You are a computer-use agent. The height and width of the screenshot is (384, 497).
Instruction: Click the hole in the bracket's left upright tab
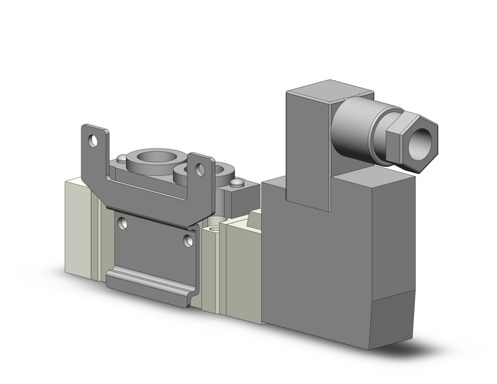(94, 140)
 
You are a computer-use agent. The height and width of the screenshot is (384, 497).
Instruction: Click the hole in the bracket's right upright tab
(199, 170)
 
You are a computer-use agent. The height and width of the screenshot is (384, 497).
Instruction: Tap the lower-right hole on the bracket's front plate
(188, 241)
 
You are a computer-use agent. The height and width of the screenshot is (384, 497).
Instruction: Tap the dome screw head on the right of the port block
(237, 183)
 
